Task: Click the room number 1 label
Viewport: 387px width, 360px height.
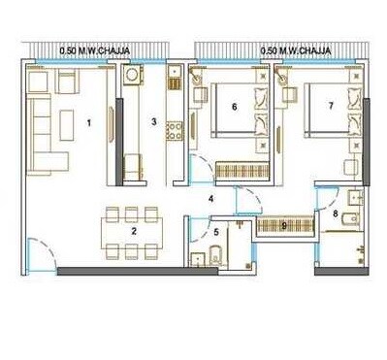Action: click(89, 123)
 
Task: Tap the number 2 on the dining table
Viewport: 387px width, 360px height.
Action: click(134, 231)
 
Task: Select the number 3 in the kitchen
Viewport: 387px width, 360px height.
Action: click(154, 122)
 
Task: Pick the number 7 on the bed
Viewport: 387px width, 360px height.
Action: click(331, 105)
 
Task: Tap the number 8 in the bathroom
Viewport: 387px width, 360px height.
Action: click(336, 213)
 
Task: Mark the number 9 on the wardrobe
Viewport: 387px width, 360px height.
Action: click(282, 226)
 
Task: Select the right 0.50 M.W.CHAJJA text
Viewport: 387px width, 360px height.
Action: click(296, 49)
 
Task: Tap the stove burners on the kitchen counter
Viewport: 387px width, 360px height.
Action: click(175, 127)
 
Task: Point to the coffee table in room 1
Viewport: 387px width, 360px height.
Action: click(68, 122)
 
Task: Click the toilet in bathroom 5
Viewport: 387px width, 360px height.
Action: click(215, 256)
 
